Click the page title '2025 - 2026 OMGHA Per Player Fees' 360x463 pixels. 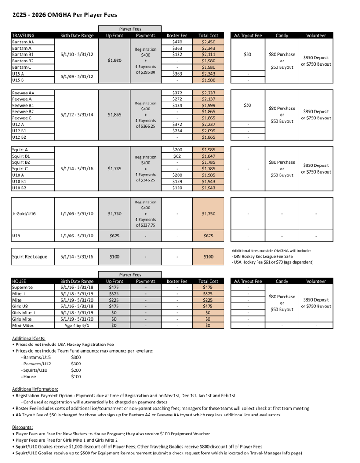pyautogui.click(x=64, y=15)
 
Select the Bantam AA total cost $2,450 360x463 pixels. pyautogui.click(x=208, y=42)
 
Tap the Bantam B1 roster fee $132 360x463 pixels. pyautogui.click(x=177, y=54)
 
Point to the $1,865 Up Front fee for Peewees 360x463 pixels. pyautogui.click(x=114, y=115)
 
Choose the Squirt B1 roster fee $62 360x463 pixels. pyautogui.click(x=177, y=156)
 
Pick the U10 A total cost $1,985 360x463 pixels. pyautogui.click(x=208, y=175)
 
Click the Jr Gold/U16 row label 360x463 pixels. pyautogui.click(x=23, y=214)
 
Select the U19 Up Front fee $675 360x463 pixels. pyautogui.click(x=114, y=236)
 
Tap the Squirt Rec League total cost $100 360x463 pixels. pyautogui.click(x=208, y=257)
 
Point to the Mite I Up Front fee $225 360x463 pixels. pyautogui.click(x=114, y=300)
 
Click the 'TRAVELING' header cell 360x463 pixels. pyautogui.click(x=23, y=35)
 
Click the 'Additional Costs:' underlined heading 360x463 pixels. pyautogui.click(x=28, y=338)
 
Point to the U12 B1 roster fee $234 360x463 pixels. pyautogui.click(x=177, y=131)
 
